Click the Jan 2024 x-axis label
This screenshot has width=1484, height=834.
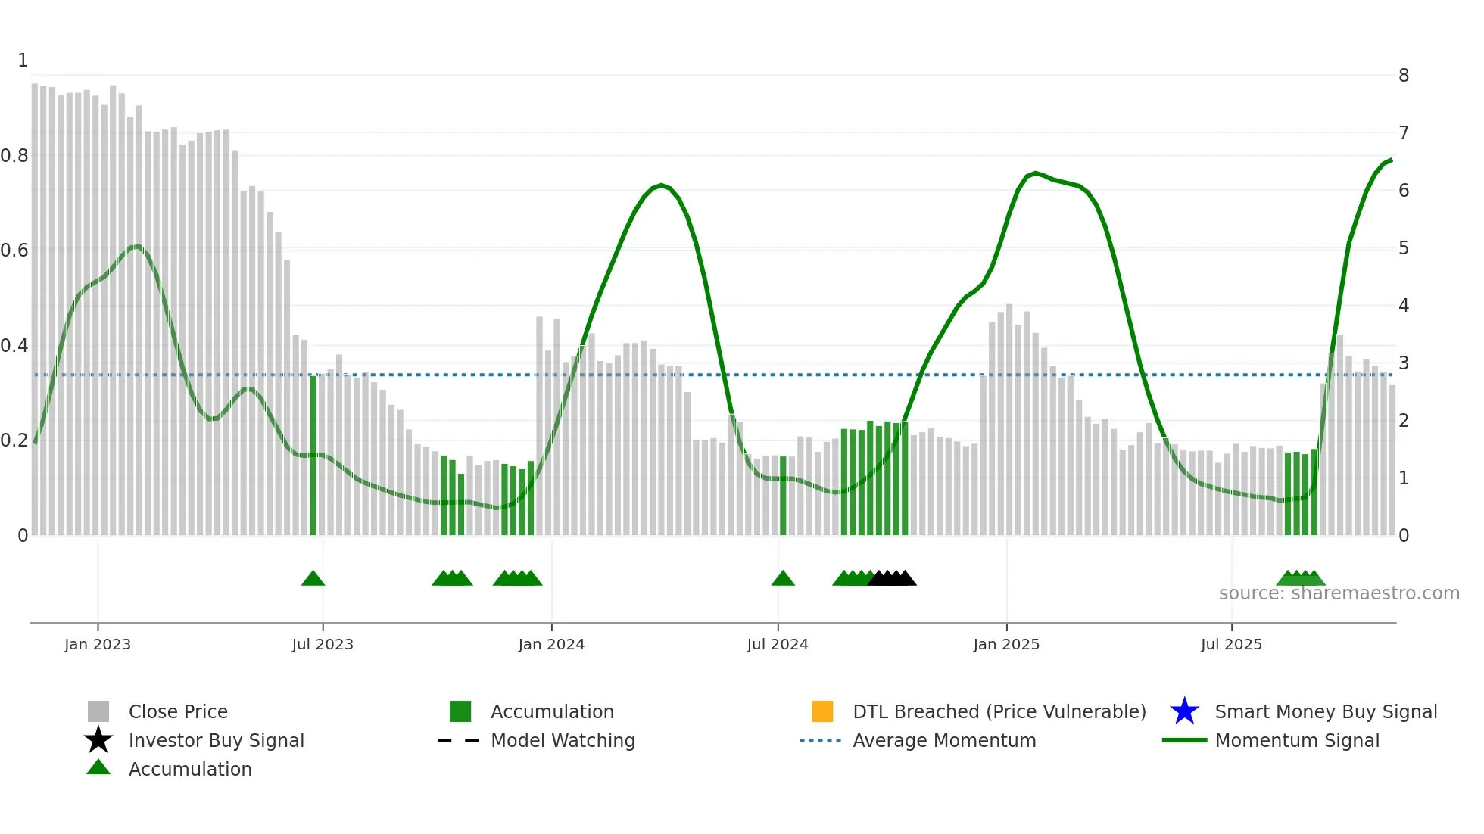click(551, 644)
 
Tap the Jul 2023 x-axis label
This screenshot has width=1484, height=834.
click(323, 644)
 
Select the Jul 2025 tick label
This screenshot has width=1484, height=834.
click(1231, 644)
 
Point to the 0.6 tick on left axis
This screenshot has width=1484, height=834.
click(14, 251)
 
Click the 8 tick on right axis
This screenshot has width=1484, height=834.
click(1404, 76)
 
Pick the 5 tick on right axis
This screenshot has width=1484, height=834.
click(1404, 248)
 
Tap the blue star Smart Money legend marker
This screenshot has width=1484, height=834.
click(1184, 711)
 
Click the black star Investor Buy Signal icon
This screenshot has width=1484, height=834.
click(98, 740)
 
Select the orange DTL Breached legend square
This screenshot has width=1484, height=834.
click(822, 711)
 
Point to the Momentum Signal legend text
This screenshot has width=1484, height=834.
click(1297, 740)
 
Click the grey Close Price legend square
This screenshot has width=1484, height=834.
click(98, 711)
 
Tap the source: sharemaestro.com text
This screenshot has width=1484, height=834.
click(1339, 593)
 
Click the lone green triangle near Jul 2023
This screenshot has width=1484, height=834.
click(313, 579)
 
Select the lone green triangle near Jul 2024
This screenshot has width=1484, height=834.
click(783, 579)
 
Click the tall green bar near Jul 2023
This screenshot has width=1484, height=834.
click(313, 454)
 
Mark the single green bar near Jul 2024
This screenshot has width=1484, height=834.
click(783, 496)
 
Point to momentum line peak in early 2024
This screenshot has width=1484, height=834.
click(661, 185)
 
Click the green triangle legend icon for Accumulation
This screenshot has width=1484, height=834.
click(98, 767)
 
